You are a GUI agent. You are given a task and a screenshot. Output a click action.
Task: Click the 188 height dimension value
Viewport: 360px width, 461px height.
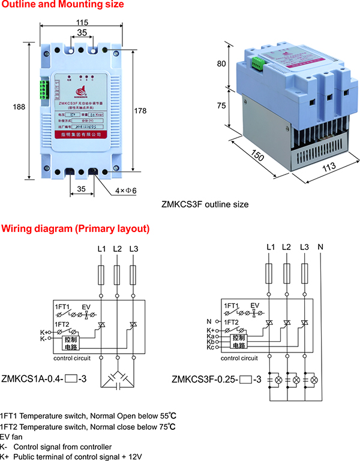19,107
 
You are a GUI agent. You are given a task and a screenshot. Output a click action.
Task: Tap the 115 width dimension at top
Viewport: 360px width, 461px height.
82,22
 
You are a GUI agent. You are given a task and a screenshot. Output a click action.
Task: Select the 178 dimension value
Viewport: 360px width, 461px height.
140,110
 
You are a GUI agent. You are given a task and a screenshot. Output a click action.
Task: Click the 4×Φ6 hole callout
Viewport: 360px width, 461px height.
126,191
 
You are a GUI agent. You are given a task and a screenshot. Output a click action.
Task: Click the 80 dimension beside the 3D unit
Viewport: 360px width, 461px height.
221,63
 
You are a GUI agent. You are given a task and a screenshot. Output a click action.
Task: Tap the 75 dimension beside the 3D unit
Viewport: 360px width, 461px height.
221,106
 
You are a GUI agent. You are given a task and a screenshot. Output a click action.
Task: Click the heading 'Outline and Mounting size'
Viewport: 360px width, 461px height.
62,5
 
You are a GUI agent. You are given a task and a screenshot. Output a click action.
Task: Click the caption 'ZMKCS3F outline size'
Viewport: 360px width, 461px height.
205,204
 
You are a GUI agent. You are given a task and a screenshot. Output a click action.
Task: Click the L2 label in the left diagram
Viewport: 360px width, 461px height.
117,249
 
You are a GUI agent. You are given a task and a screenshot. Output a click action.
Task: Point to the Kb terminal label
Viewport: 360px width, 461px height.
209,342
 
